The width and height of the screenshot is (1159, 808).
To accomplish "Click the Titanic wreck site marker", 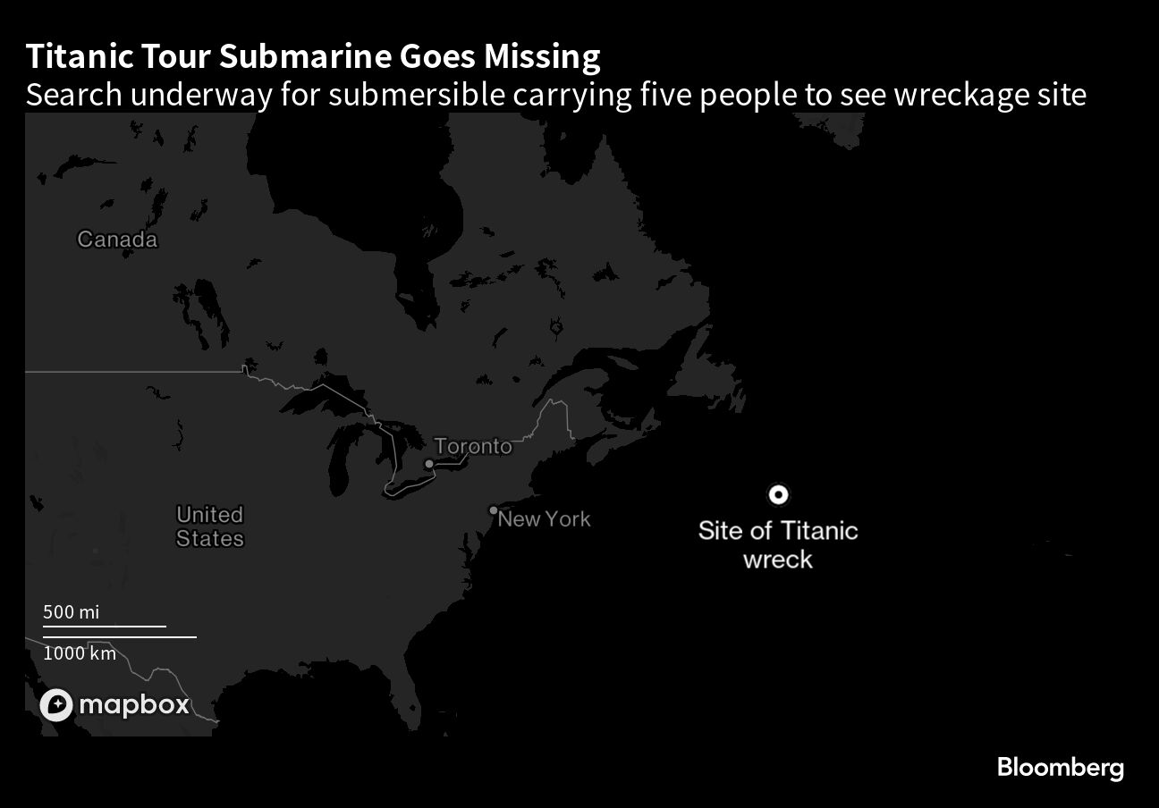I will (x=778, y=494).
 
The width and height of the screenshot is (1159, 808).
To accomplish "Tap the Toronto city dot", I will (x=429, y=463).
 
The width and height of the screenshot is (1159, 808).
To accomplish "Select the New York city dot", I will (x=493, y=510).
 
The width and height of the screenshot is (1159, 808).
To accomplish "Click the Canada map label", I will (x=117, y=240).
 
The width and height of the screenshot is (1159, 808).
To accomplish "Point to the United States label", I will (x=210, y=526).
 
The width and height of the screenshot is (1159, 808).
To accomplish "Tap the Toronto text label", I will (x=473, y=446).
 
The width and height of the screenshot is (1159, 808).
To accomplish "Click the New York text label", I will (x=545, y=519).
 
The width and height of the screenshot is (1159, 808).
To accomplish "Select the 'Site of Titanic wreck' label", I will (x=778, y=544).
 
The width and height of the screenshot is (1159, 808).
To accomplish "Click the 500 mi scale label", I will (x=72, y=612).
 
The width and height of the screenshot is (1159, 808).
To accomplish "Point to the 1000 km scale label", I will (x=80, y=653).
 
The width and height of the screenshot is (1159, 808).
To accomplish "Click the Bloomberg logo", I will (x=1060, y=767).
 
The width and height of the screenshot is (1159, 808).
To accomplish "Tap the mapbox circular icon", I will (x=55, y=705).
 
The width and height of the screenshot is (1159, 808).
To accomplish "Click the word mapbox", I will (x=134, y=705).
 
